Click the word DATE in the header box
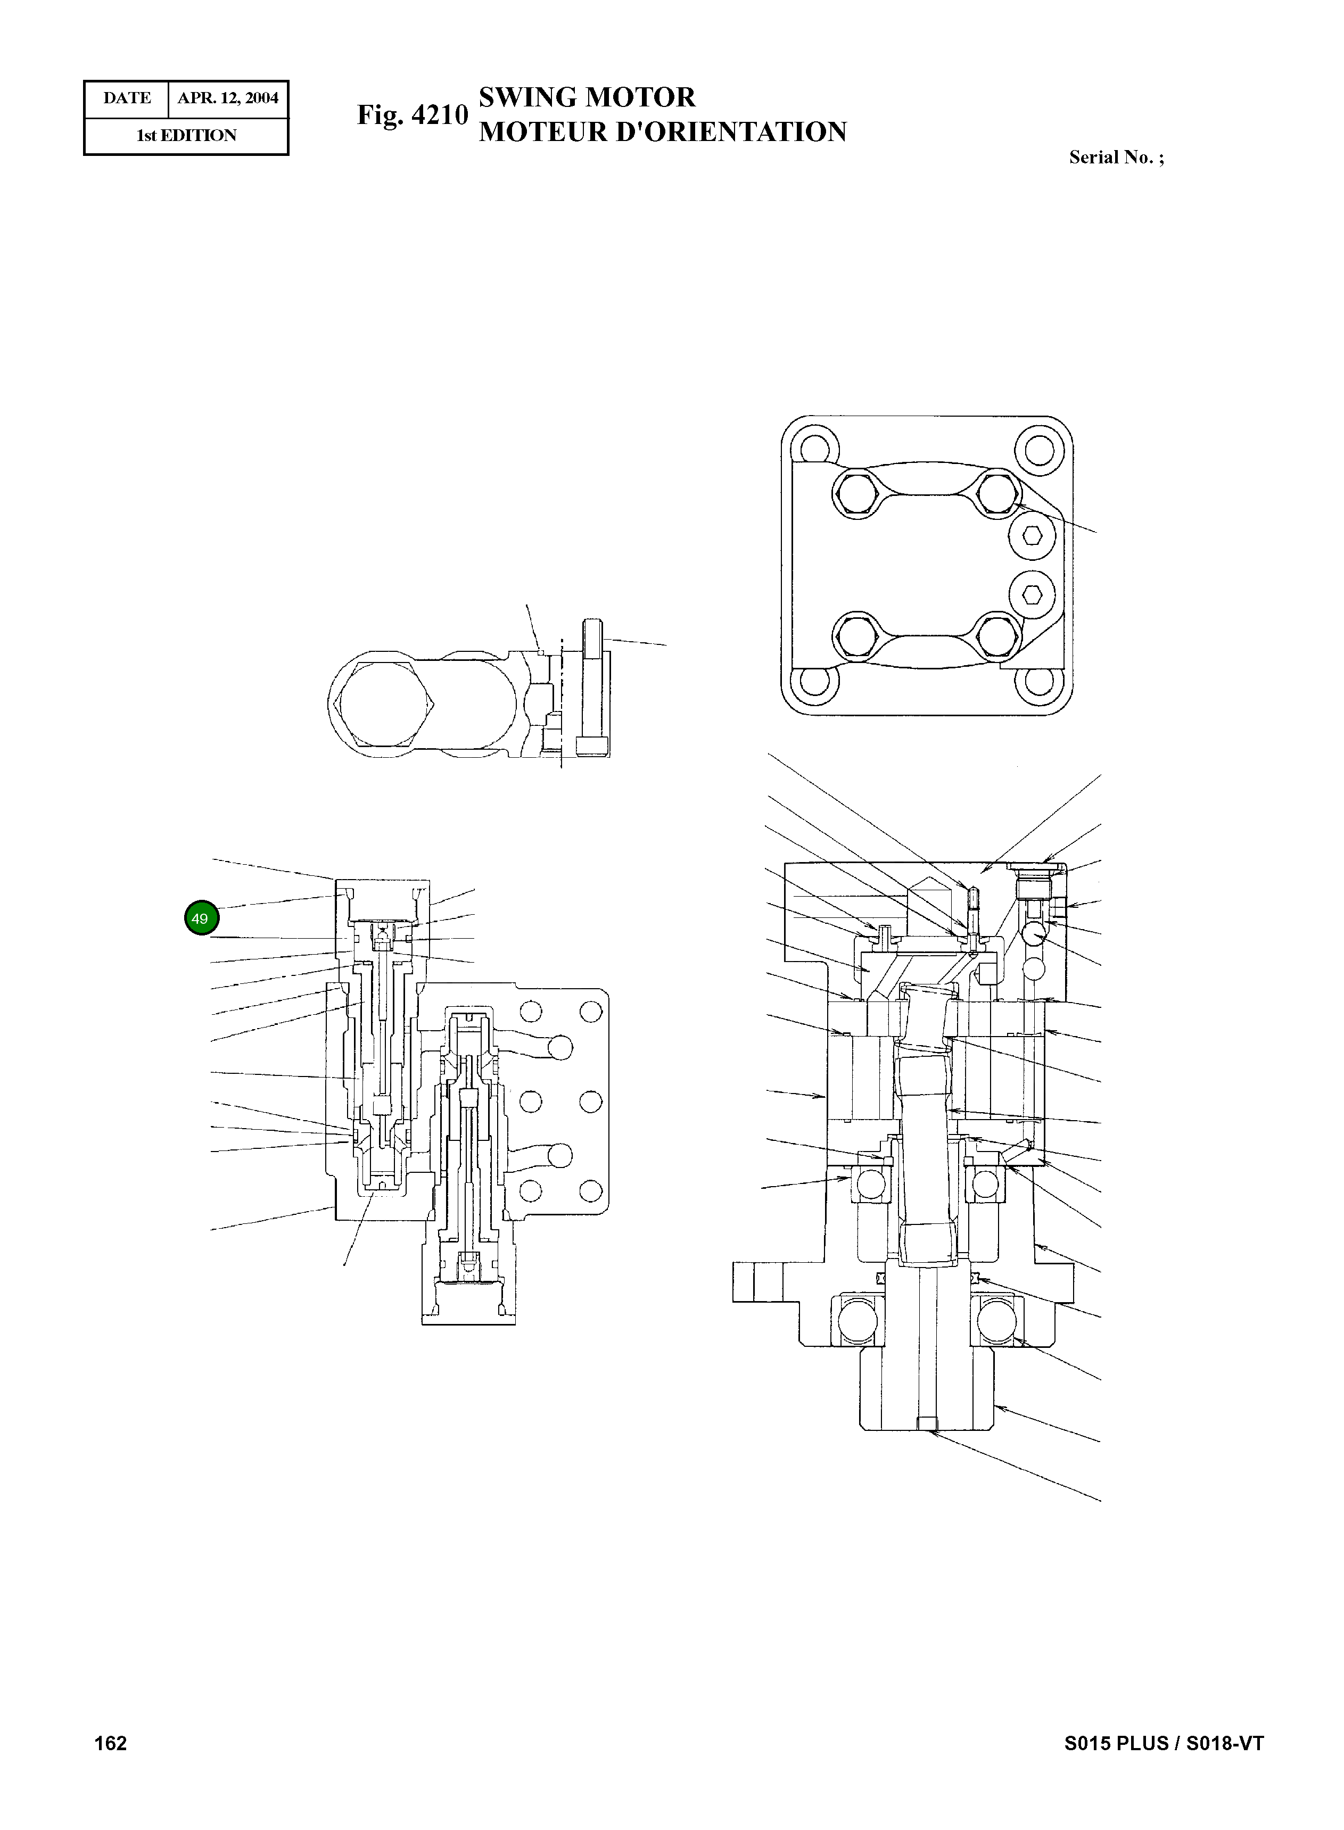point(127,98)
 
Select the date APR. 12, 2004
point(228,98)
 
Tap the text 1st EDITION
point(186,136)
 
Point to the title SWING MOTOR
point(587,97)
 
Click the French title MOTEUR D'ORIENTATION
point(662,132)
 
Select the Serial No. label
point(1116,158)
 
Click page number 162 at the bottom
point(111,1743)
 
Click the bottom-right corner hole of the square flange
point(1039,682)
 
